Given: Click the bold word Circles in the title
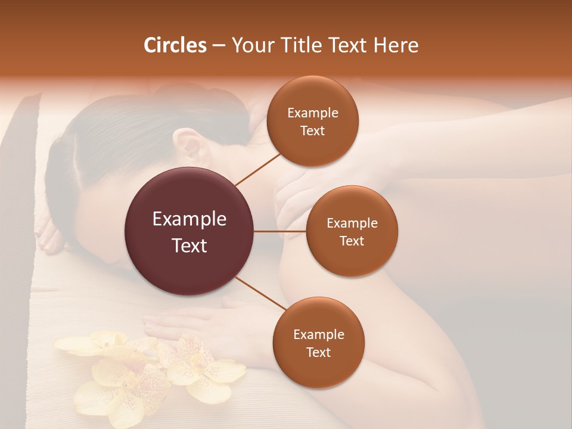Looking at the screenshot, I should click(x=175, y=45).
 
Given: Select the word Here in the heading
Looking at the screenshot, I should click(x=395, y=45).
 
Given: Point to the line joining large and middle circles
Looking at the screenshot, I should click(x=280, y=231).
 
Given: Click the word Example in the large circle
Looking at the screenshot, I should click(x=189, y=219).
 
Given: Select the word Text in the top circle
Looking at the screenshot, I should click(x=312, y=131).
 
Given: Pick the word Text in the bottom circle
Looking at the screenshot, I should click(x=318, y=352).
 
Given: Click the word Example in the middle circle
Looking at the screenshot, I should click(x=352, y=223).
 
